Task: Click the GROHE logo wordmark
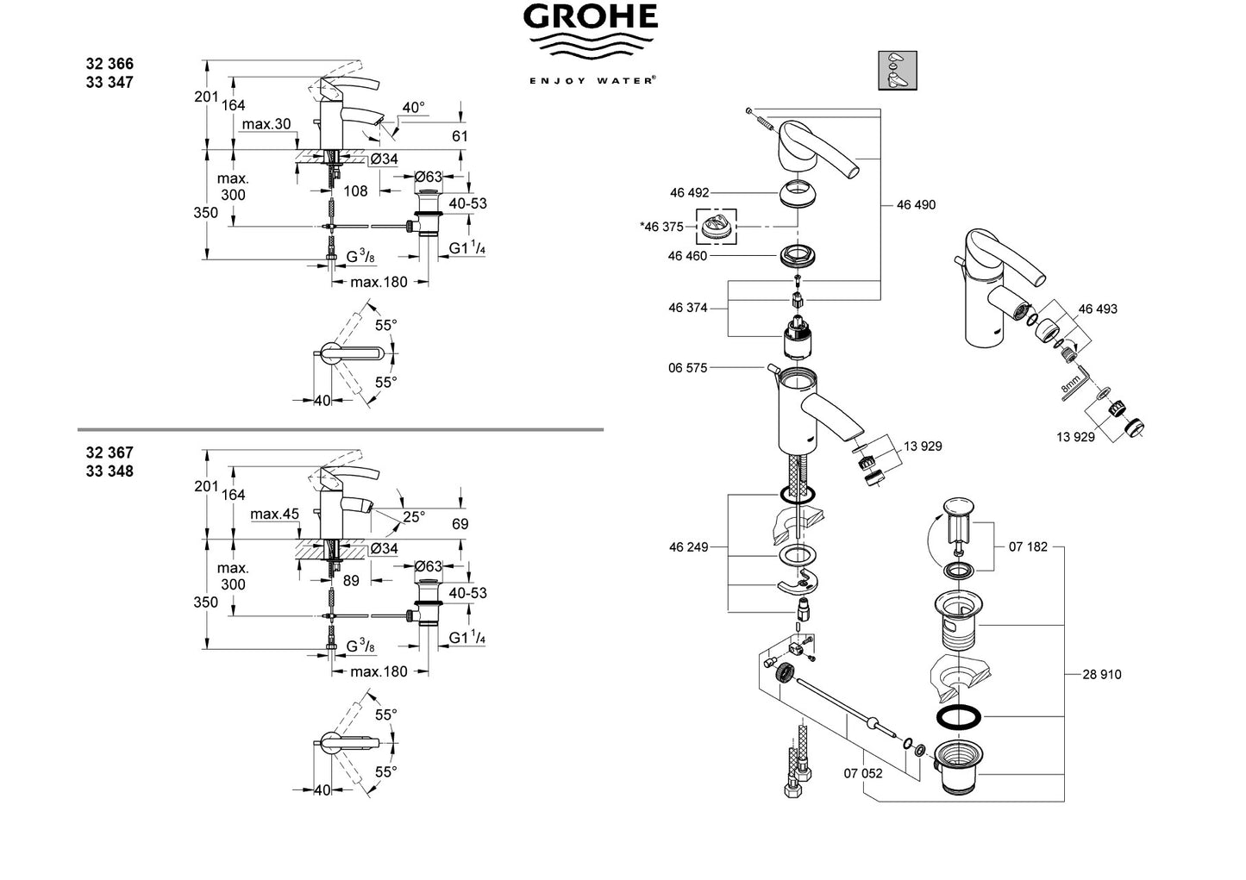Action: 590,16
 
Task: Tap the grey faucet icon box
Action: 898,71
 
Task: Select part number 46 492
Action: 689,193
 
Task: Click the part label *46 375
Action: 662,227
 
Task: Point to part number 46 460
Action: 687,256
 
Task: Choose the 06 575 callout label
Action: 687,368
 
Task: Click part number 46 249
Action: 689,547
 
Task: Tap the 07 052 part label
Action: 863,774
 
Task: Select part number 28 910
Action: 1101,675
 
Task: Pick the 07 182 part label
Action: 1028,547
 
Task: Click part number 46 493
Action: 1098,309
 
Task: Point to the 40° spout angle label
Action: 413,107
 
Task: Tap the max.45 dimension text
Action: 275,515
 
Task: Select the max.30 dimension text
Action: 266,124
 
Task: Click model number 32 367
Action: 110,453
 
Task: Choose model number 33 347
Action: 110,82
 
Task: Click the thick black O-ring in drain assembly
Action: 959,718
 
